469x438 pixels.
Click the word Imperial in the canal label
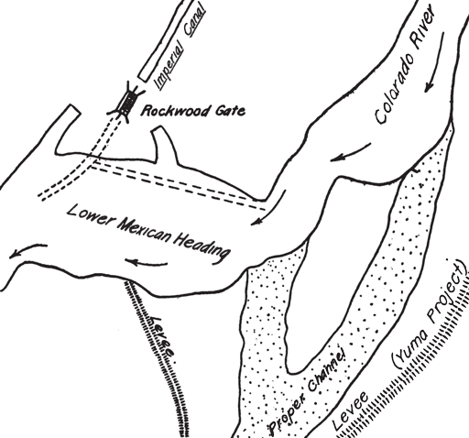169,65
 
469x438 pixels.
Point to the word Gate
230,110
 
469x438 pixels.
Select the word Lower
90,216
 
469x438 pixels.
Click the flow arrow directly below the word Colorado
351,152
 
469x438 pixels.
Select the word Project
448,291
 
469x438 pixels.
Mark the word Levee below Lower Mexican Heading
161,336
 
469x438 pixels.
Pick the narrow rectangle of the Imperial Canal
166,41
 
